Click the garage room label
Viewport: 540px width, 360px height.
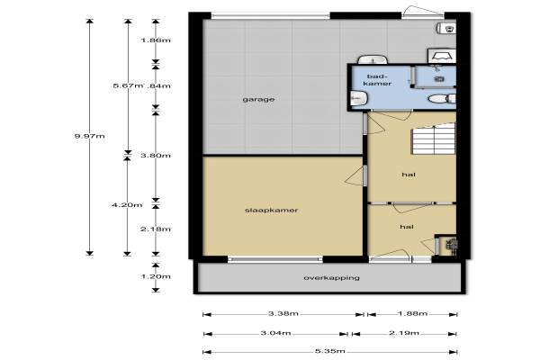coord(258,100)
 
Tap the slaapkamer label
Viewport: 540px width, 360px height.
coord(272,210)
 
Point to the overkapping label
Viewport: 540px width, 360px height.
coord(331,278)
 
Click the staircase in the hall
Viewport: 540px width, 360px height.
coord(434,139)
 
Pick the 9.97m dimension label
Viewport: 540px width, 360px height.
coord(89,136)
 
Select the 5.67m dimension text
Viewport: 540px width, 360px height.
coord(128,85)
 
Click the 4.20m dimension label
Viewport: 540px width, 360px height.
coord(127,205)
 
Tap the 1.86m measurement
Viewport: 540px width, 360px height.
coord(156,40)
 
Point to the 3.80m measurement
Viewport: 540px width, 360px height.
coord(156,156)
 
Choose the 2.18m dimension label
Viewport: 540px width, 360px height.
coord(156,229)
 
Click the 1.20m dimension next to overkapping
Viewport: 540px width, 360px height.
coord(156,276)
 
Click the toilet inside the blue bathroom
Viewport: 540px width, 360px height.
coord(442,99)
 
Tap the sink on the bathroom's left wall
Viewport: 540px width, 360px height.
coord(358,99)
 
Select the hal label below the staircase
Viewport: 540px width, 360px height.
coord(409,175)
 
